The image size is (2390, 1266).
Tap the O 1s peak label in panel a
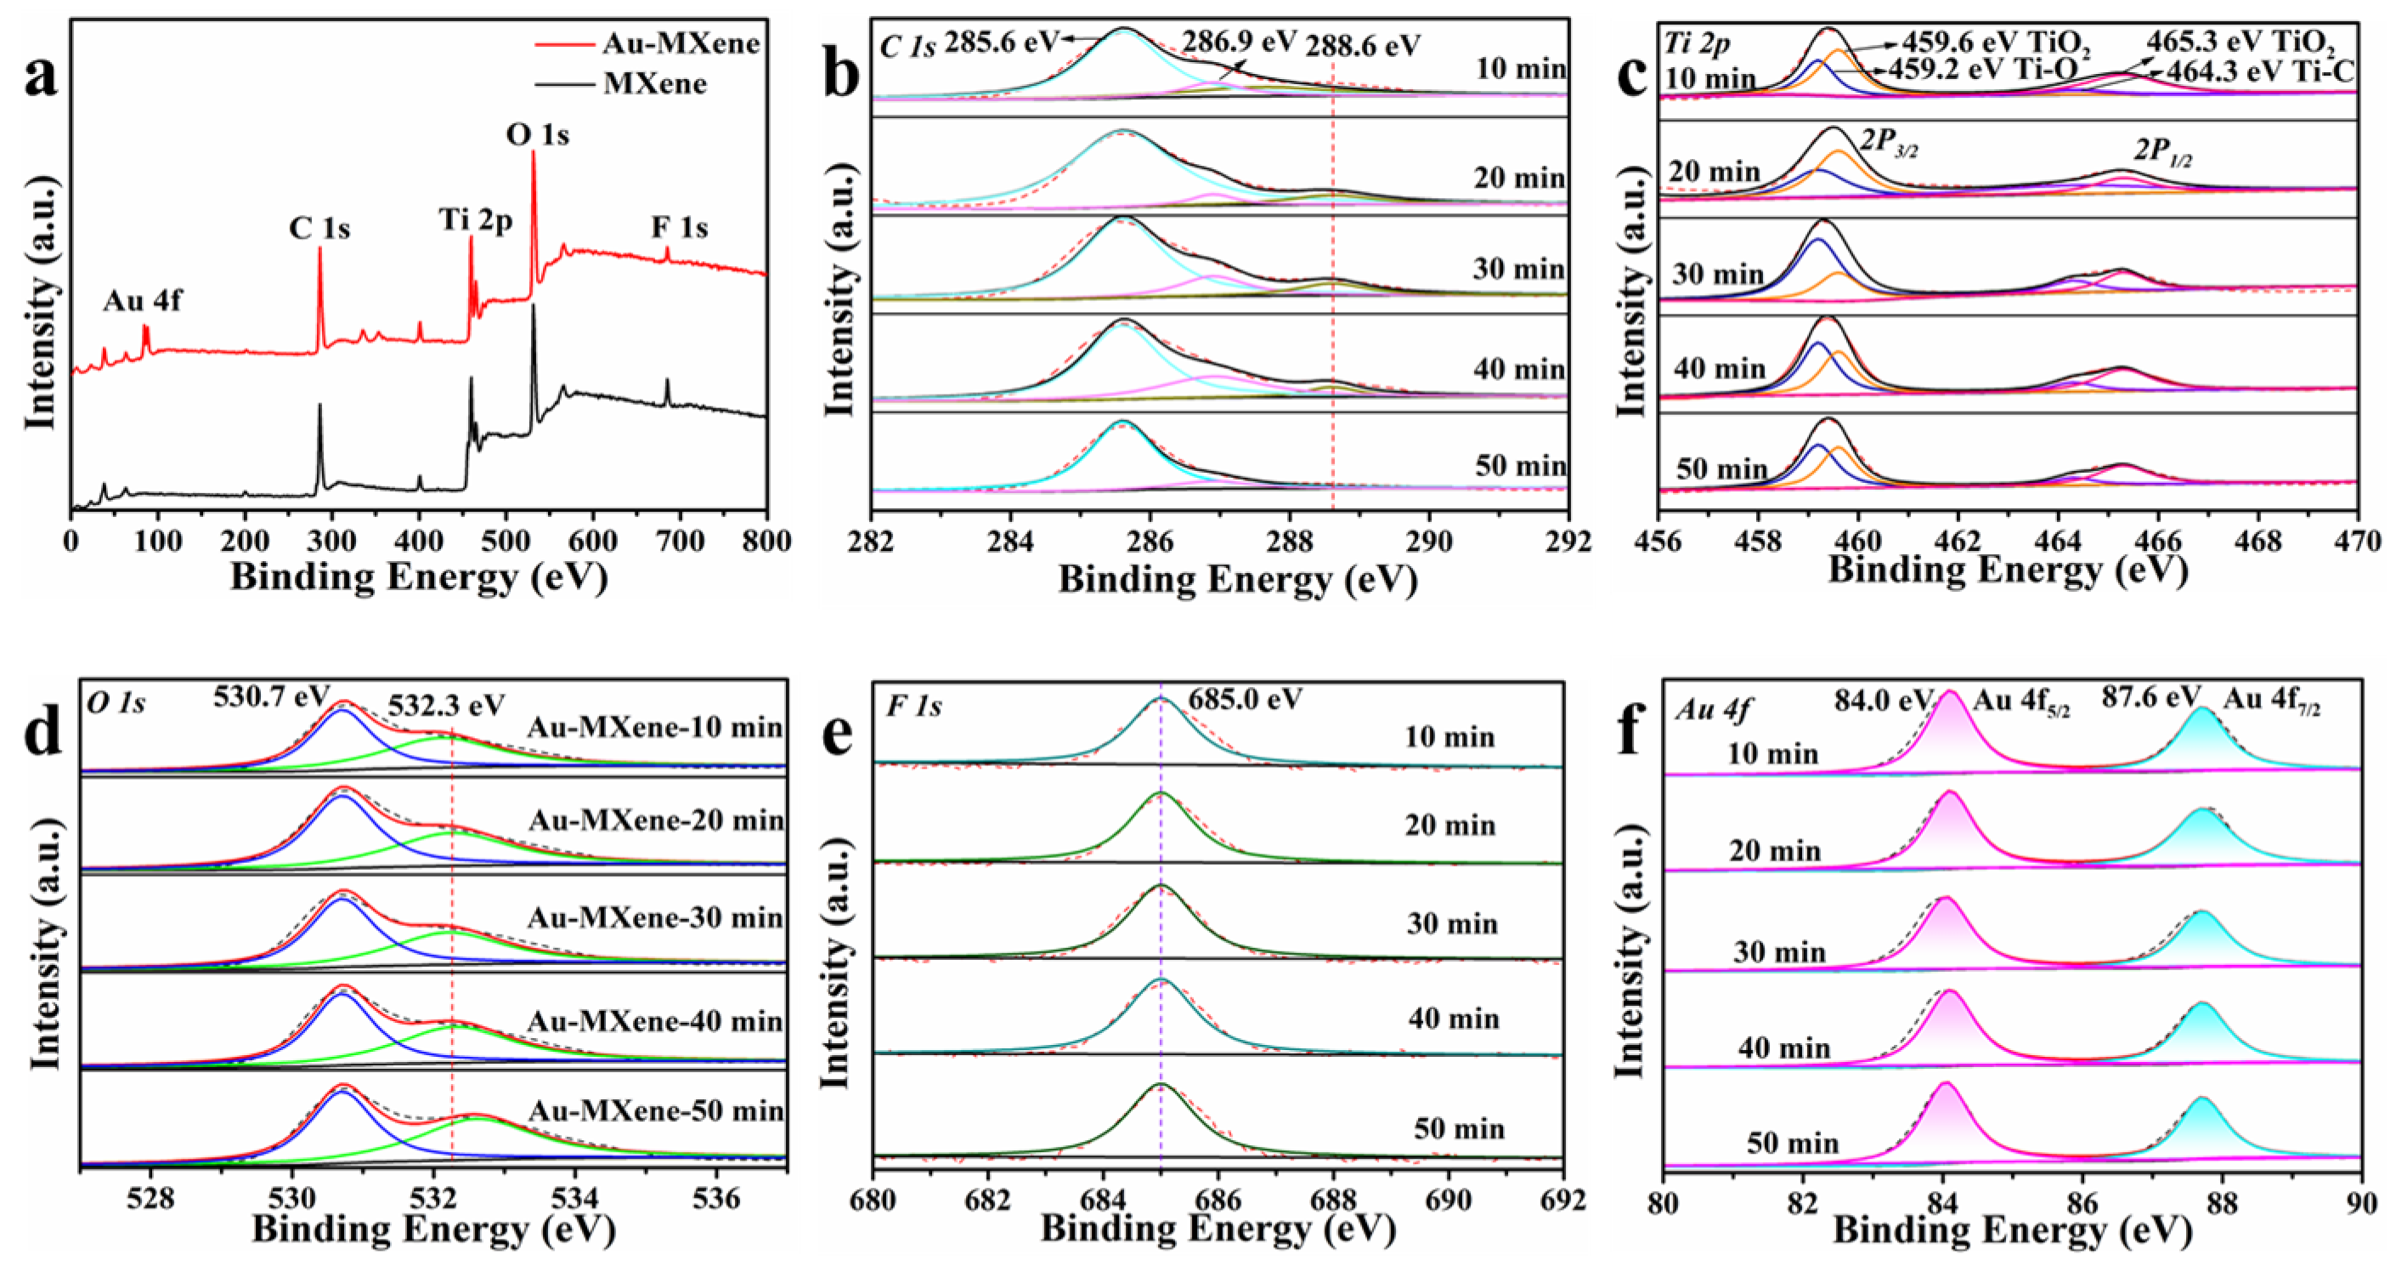[x=537, y=135]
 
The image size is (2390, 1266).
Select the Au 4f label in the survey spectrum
[x=142, y=301]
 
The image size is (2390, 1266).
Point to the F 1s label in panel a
[x=679, y=227]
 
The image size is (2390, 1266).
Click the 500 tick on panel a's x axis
[x=505, y=541]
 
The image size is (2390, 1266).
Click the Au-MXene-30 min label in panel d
[x=655, y=918]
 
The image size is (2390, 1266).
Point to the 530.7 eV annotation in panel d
[x=271, y=696]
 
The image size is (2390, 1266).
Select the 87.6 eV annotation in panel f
[x=2150, y=697]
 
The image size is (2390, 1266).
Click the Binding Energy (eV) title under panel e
[x=1218, y=1229]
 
